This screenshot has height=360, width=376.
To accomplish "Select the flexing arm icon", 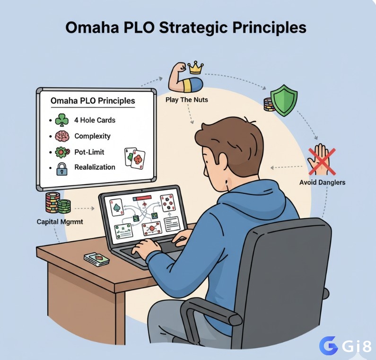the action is click(x=184, y=79).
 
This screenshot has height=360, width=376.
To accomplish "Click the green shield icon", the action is click(x=284, y=100).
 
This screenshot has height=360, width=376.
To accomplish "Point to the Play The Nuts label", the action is click(x=186, y=100).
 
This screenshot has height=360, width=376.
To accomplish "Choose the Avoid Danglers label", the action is click(x=322, y=183).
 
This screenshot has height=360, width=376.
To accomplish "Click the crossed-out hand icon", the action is click(x=321, y=160).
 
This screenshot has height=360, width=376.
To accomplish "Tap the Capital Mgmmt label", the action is click(x=60, y=222).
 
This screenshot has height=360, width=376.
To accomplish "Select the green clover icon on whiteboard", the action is click(x=61, y=120).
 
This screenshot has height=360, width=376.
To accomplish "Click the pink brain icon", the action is click(x=62, y=136).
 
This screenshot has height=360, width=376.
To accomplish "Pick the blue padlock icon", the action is click(x=62, y=169).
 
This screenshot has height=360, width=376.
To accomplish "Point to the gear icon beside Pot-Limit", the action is click(x=62, y=152).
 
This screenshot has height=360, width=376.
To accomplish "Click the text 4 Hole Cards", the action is click(x=95, y=120).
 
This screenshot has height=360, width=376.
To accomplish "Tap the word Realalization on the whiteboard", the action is click(x=95, y=167).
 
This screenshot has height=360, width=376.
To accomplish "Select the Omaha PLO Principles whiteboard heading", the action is click(x=93, y=101).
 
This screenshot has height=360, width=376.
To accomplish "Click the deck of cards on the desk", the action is click(x=96, y=259).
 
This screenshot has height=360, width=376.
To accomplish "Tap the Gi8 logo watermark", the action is click(x=345, y=346).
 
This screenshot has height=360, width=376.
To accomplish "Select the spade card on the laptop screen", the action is click(x=116, y=207).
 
